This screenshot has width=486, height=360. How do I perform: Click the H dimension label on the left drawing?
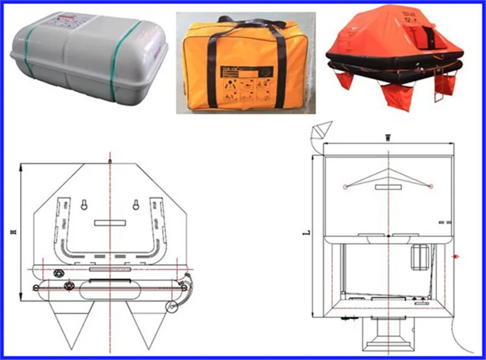[x=23, y=229]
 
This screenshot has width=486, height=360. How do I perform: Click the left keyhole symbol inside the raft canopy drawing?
[x=85, y=205]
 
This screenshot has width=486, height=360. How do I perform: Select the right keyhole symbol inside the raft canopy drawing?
[x=137, y=205]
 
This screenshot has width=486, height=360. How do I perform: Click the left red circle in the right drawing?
[x=346, y=186]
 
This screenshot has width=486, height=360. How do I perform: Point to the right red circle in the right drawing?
[x=429, y=186]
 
